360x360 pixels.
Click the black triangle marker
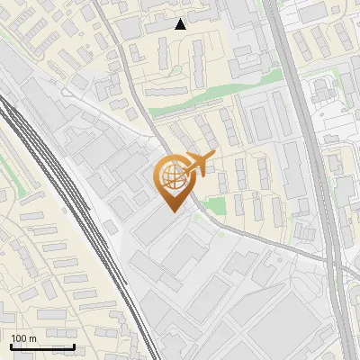click(181, 24)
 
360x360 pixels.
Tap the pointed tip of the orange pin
click(172, 210)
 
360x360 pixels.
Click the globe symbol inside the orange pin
click(172, 176)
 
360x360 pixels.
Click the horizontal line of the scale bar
click(42, 346)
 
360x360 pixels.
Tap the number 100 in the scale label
click(20, 338)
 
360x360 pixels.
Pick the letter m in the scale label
click(32, 338)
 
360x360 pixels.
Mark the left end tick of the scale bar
click(11, 345)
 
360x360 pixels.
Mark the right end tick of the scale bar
click(74, 345)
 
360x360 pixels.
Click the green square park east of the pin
click(214, 206)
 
